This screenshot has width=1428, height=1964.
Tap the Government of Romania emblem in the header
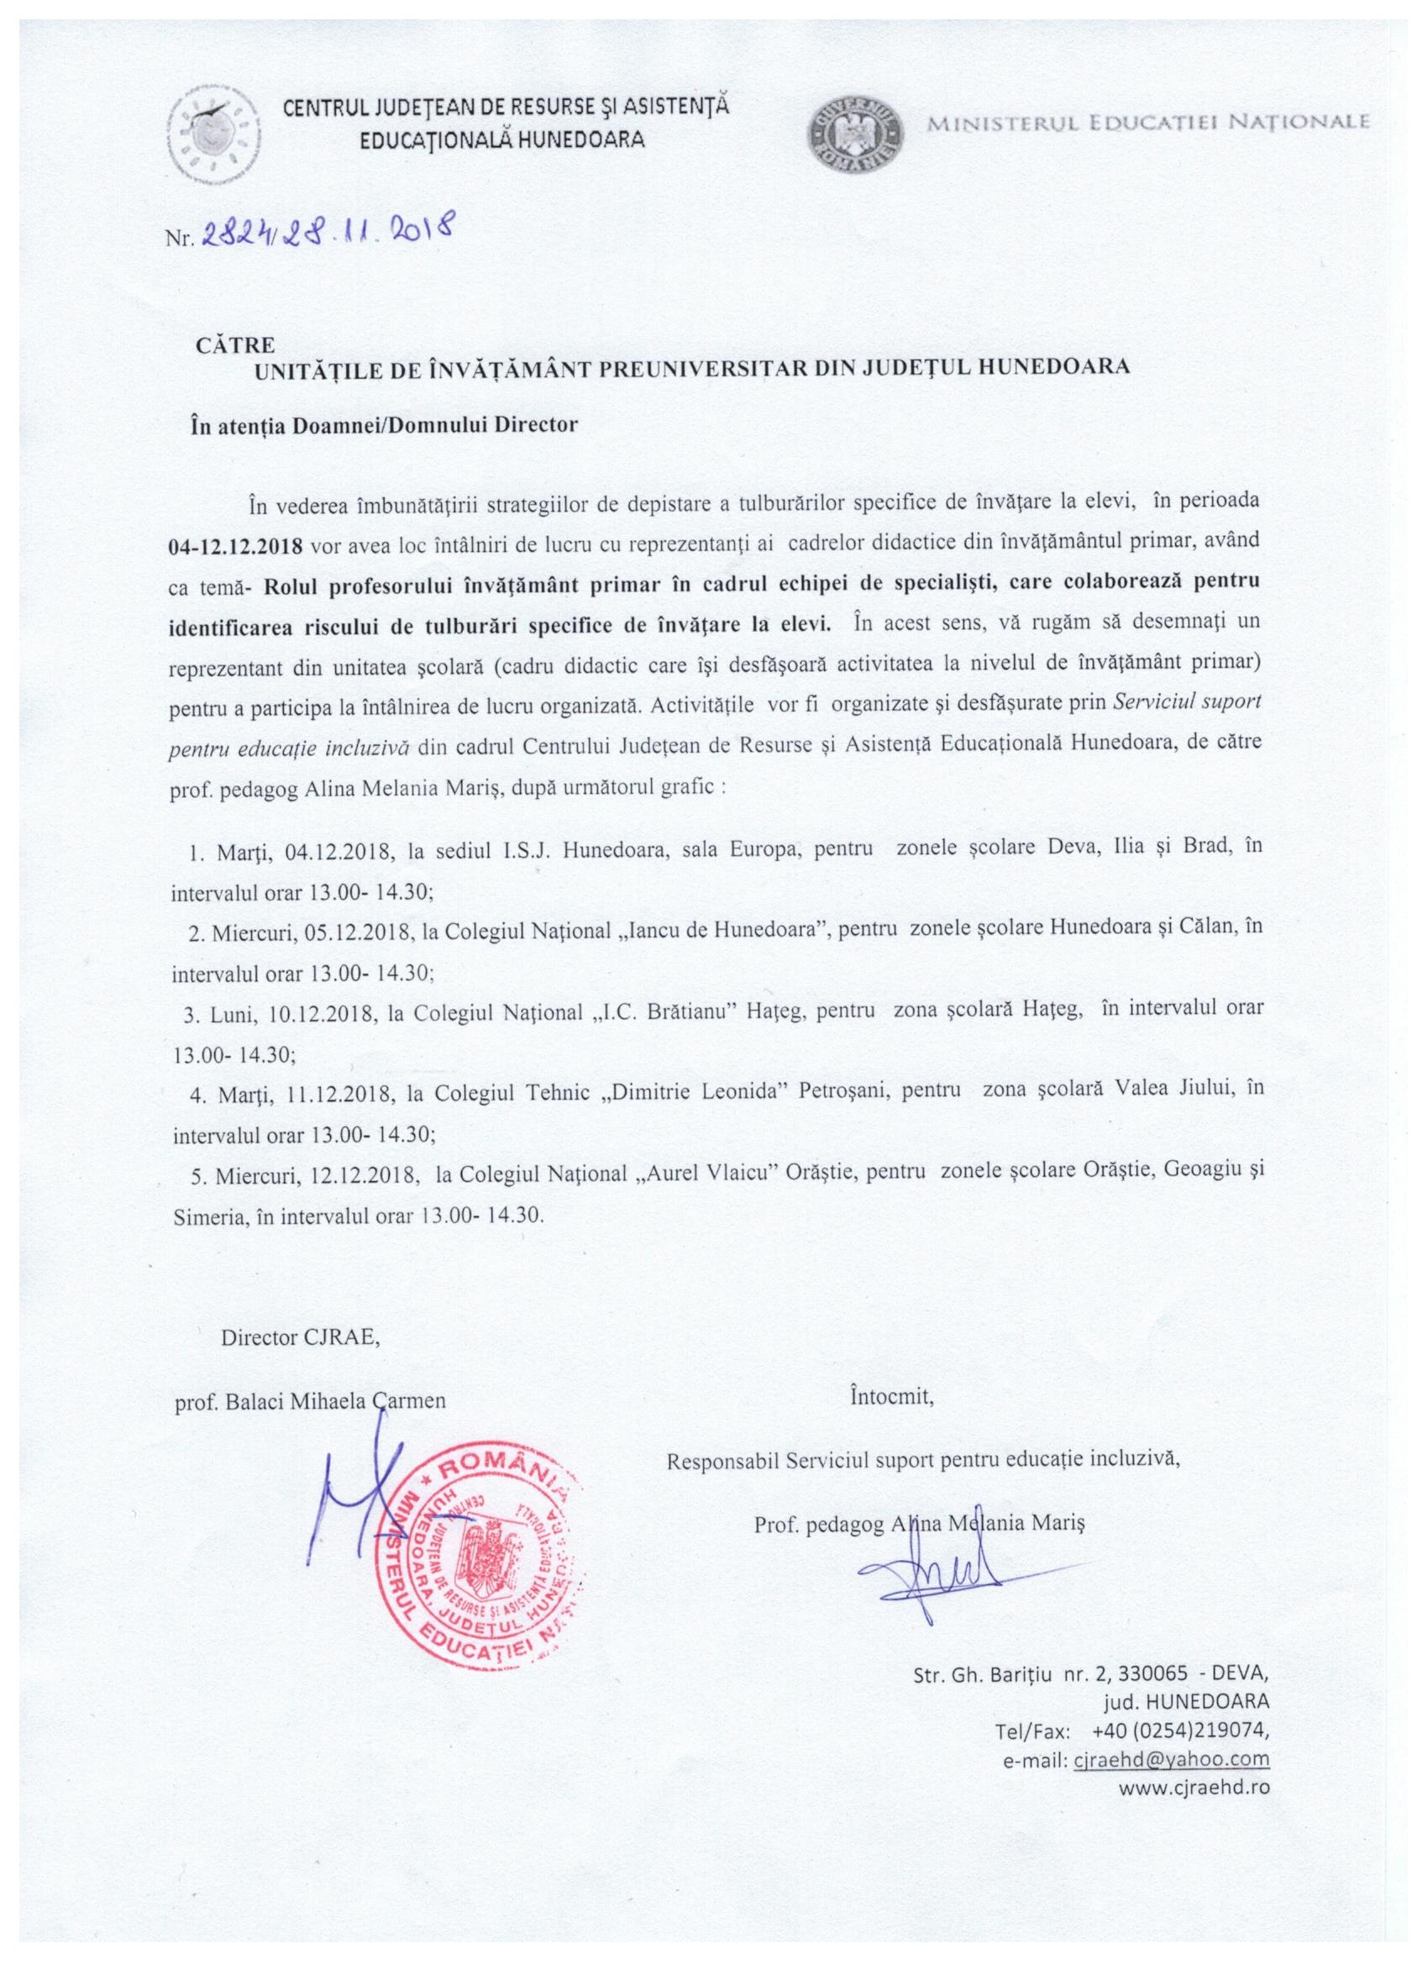tap(855, 134)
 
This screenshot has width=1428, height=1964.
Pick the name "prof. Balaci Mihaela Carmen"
tap(310, 1402)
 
